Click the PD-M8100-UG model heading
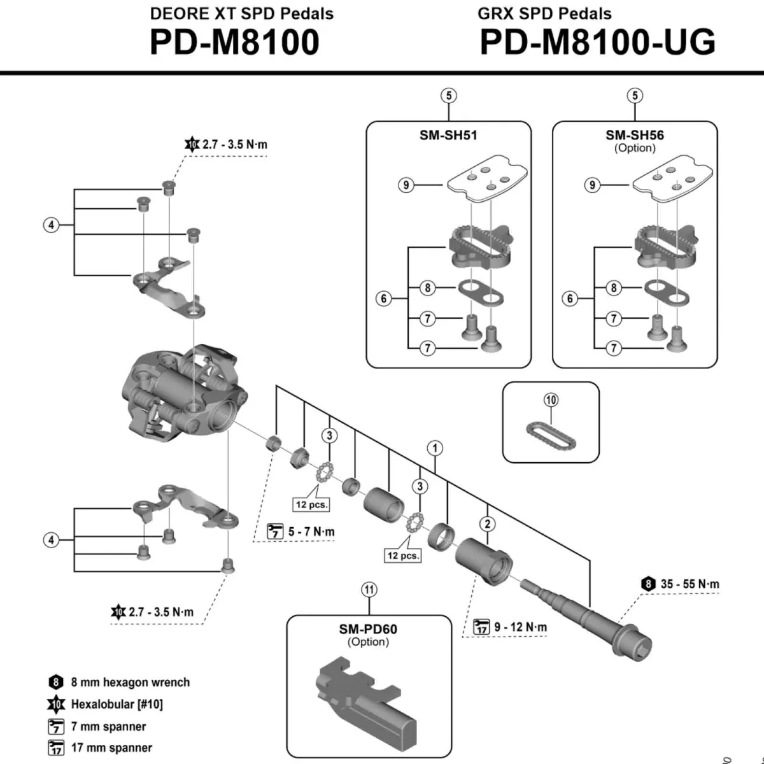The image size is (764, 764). [597, 43]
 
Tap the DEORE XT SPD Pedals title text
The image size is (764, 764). [241, 13]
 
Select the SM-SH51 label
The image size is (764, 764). [448, 135]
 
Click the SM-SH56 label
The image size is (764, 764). [634, 135]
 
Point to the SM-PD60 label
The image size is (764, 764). [368, 629]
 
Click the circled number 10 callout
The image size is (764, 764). [551, 400]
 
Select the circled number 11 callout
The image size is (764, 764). [369, 590]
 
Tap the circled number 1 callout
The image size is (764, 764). [435, 448]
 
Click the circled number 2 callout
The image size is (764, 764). [488, 524]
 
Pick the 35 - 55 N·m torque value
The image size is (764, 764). [690, 584]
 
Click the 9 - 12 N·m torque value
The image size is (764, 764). [520, 627]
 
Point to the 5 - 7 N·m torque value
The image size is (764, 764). [311, 532]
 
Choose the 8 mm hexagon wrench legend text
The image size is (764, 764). [130, 683]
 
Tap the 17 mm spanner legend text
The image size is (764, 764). [111, 747]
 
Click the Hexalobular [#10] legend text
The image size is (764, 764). [117, 704]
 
